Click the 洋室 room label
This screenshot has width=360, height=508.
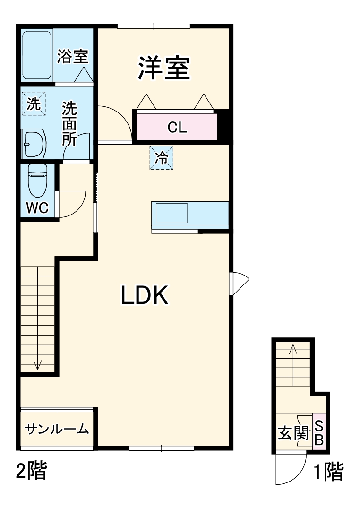pyautogui.click(x=164, y=69)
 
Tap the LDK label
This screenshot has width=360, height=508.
pyautogui.click(x=144, y=296)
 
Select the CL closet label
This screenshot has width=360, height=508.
pyautogui.click(x=177, y=127)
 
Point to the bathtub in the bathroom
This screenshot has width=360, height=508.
pyautogui.click(x=36, y=55)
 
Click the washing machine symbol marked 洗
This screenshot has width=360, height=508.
pyautogui.click(x=34, y=103)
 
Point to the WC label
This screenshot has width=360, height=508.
pyautogui.click(x=37, y=208)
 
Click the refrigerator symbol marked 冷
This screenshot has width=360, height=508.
pyautogui.click(x=162, y=158)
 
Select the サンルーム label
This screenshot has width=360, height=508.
pyautogui.click(x=57, y=429)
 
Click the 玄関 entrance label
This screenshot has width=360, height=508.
pyautogui.click(x=293, y=432)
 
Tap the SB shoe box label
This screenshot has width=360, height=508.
pyautogui.click(x=319, y=432)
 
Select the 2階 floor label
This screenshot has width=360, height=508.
pyautogui.click(x=32, y=471)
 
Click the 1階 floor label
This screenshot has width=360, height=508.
pyautogui.click(x=329, y=472)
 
